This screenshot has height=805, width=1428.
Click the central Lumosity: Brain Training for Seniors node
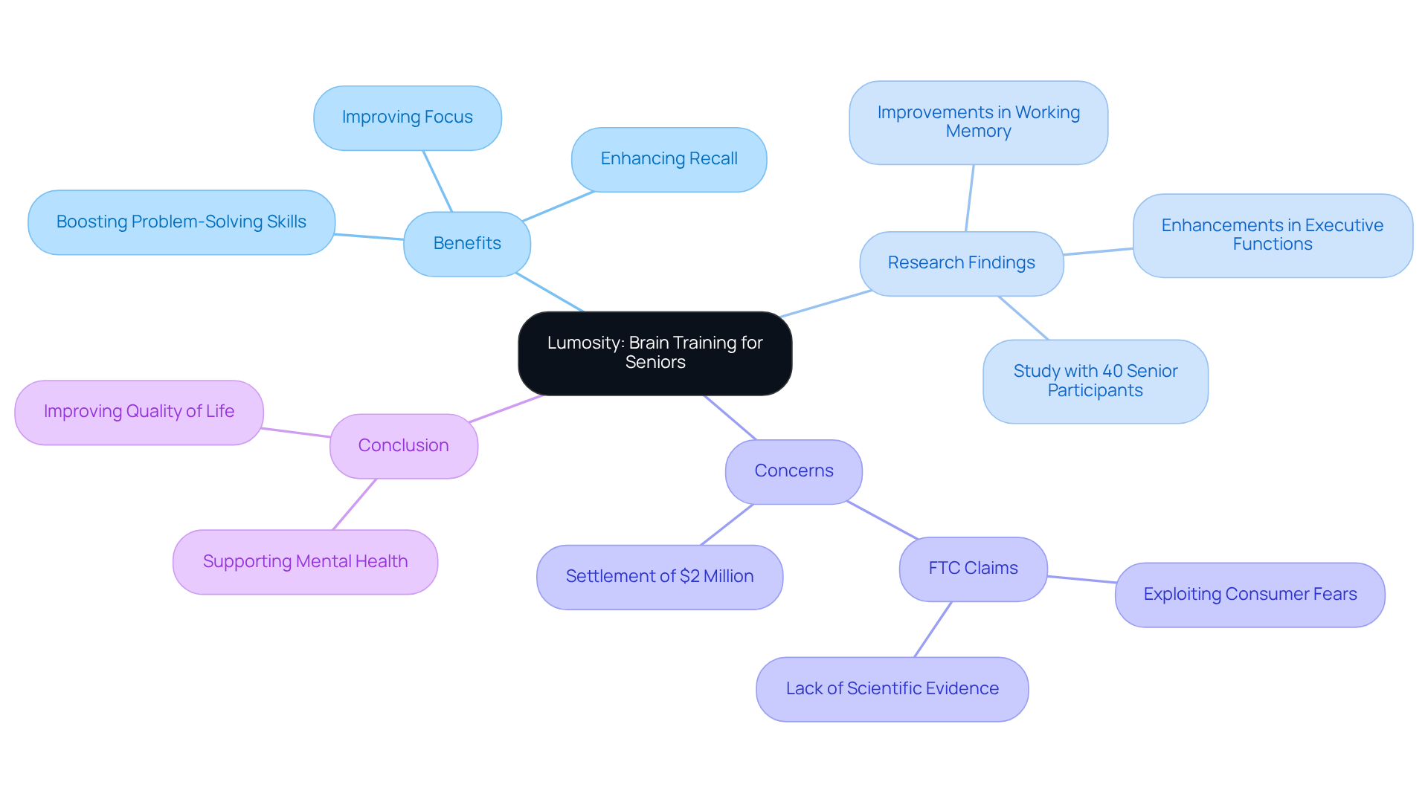654,353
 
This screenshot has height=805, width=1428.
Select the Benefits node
467,244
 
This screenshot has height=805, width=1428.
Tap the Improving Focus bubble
407,117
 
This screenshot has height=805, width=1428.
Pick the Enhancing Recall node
669,159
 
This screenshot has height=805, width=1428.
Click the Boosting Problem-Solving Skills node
181,222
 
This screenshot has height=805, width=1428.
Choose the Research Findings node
961,263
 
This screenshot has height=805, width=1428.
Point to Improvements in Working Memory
978,123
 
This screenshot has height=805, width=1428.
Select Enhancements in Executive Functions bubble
1272,236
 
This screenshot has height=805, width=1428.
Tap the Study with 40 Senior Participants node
1095,381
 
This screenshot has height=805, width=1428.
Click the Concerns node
794,471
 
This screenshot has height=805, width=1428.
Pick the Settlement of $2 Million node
660,577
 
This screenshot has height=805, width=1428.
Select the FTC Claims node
973,569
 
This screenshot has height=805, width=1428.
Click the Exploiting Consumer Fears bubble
1249,595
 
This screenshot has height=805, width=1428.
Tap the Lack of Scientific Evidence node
892,689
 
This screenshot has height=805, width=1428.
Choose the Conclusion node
403,446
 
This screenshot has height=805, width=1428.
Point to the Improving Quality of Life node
139,412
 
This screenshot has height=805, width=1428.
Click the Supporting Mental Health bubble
305,562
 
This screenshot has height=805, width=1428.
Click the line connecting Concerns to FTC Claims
882,520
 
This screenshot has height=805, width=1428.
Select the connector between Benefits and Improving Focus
437,181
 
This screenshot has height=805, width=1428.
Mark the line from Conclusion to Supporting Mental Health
355,504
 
